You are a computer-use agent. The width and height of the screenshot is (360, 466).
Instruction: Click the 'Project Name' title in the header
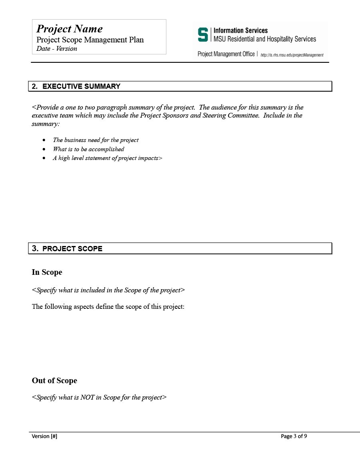[x=69, y=29]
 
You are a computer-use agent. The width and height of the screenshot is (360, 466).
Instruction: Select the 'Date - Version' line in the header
[x=56, y=49]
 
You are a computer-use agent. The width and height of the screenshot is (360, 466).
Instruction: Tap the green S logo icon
[x=203, y=35]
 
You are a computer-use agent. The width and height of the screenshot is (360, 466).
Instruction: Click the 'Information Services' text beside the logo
[x=240, y=30]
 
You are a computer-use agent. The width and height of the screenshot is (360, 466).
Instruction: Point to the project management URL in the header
[x=292, y=55]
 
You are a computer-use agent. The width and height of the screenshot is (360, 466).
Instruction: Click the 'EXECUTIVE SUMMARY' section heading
[x=81, y=86]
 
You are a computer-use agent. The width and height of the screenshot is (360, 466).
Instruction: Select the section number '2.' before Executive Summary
[x=35, y=86]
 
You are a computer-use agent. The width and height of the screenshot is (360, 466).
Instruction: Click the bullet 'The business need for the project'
[x=96, y=140]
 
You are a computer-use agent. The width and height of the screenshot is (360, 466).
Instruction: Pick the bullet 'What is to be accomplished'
[x=88, y=149]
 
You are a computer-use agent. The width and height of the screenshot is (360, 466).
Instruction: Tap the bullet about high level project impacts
[x=107, y=158]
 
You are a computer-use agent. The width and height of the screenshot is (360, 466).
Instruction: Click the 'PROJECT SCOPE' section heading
[x=72, y=249]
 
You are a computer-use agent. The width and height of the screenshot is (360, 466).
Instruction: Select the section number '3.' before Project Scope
[x=35, y=248]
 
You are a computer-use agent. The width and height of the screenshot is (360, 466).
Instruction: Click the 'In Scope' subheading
[x=47, y=272]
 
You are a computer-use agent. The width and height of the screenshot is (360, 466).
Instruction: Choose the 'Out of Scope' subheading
[x=54, y=381]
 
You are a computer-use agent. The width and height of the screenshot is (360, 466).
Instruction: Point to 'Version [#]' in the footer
[x=44, y=436]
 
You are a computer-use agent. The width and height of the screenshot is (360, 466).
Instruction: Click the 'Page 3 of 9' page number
[x=294, y=436]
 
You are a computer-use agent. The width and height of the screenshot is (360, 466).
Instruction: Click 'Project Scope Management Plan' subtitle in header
[x=90, y=40]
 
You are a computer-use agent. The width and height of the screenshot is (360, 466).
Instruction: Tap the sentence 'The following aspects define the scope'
[x=108, y=307]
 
